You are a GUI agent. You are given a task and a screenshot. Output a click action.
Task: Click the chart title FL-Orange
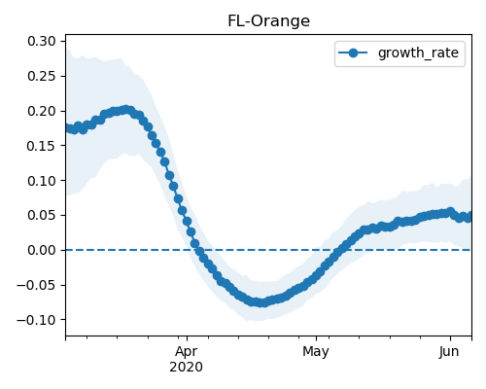268,21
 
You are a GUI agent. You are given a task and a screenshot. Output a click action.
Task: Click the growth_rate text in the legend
418,53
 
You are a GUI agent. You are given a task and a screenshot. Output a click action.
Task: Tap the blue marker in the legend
353,53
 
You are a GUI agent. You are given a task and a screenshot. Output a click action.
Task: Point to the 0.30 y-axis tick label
42,41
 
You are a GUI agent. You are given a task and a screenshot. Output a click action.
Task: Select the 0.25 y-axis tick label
42,76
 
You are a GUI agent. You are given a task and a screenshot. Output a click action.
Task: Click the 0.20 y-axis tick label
42,111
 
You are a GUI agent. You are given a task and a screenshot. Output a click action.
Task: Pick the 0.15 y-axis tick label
42,146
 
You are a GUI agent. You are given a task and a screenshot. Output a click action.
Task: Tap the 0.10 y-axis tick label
42,181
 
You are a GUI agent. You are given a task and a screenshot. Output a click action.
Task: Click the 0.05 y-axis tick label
42,215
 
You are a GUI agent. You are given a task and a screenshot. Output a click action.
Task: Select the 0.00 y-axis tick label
42,250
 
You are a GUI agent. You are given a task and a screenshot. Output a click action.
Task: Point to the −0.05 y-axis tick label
36,285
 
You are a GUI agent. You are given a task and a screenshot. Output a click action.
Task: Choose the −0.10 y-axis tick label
36,320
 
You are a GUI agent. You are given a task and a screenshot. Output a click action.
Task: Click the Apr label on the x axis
187,352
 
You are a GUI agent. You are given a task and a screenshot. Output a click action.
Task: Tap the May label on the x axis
316,352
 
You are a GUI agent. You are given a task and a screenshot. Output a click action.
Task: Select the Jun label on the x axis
449,352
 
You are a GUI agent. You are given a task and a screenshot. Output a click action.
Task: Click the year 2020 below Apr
187,367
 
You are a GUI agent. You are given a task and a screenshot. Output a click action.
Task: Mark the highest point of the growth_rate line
126,110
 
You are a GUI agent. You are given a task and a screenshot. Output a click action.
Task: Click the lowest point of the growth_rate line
263,302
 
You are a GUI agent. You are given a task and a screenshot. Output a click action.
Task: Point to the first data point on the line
67,127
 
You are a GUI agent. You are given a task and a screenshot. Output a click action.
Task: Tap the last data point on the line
469,217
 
